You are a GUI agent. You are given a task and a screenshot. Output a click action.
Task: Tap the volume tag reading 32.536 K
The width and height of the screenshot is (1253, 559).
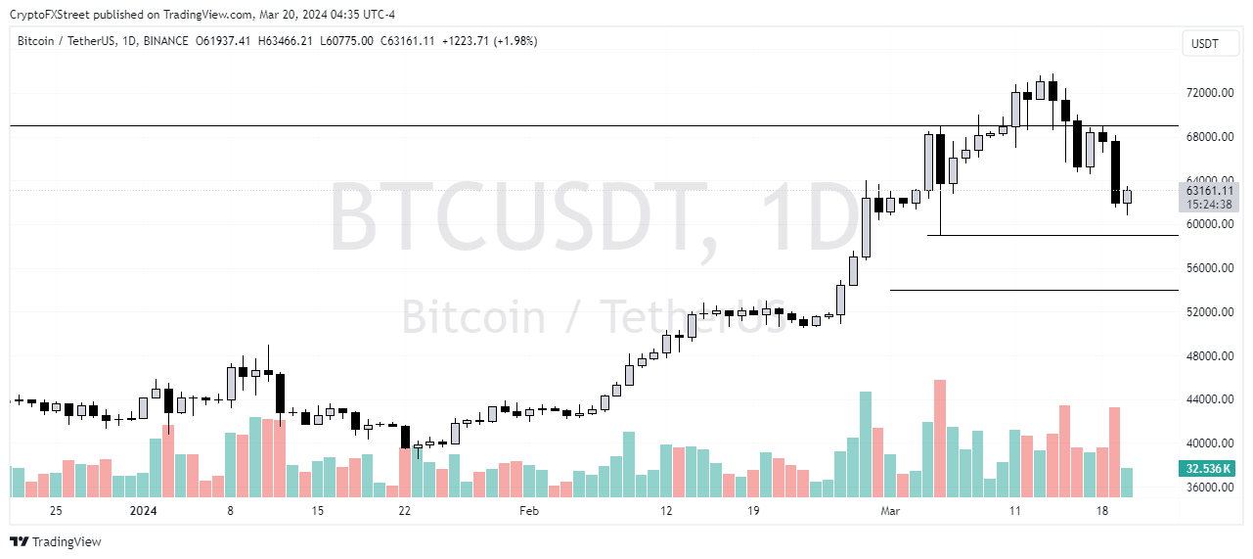(x=1209, y=470)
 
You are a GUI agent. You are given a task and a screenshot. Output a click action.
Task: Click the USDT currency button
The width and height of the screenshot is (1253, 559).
(x=1205, y=43)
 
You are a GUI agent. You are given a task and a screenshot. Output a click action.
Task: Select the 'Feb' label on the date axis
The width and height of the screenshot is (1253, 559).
(x=529, y=511)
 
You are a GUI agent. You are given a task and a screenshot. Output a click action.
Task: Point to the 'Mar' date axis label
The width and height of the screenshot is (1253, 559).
(x=890, y=511)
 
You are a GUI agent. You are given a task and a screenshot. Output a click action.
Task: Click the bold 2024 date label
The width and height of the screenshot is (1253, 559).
(x=143, y=511)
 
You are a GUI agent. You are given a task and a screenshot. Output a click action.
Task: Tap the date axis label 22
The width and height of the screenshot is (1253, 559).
(x=404, y=511)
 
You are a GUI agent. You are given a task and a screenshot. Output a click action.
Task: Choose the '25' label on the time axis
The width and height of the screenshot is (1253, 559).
(x=56, y=511)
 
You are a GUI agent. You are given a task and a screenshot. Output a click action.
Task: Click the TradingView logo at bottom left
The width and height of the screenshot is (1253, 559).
(x=56, y=541)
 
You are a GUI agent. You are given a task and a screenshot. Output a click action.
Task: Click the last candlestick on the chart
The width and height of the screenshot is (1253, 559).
(x=1127, y=197)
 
